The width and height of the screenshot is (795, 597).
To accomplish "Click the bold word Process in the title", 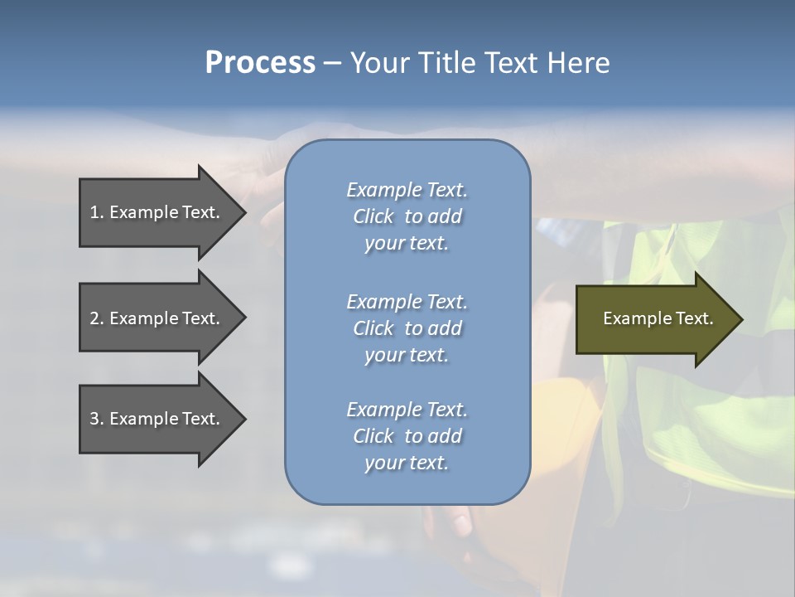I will [x=260, y=63].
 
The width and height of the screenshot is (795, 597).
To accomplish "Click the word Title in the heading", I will [x=449, y=63].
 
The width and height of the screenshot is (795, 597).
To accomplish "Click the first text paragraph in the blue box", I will [x=407, y=216].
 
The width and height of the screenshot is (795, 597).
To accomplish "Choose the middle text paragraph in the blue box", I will [x=407, y=328].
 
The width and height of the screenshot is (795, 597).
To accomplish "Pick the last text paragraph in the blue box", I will [x=407, y=436].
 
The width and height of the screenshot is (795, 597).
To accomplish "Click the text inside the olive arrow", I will [x=658, y=318].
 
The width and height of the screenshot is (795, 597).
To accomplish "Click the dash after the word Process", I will [x=332, y=64].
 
